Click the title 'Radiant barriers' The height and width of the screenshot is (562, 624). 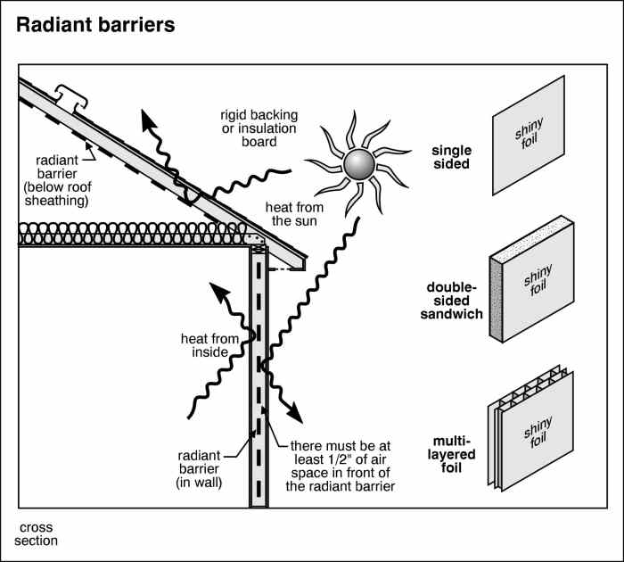pos(95,24)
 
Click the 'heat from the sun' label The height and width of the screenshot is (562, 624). pos(296,214)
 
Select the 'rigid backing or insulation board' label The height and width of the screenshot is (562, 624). pos(259,128)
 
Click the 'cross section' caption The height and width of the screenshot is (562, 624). pos(38,533)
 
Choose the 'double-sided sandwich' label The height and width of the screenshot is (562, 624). pos(455,301)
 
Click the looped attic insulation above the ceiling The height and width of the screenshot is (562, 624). pos(134,234)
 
